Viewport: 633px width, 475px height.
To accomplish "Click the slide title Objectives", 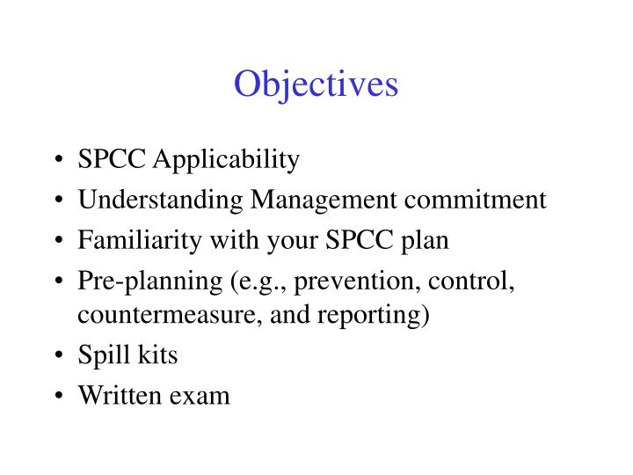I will click(316, 84).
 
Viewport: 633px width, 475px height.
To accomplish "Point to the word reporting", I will click(383, 315).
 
